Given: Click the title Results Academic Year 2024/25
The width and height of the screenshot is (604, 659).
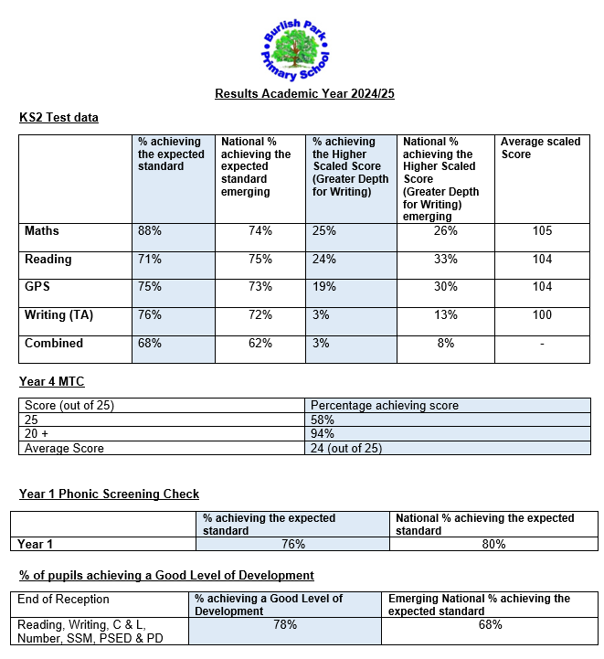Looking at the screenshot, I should [304, 93].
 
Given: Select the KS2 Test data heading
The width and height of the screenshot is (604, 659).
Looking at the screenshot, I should [58, 117].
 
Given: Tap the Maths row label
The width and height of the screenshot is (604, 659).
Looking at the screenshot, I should [42, 231].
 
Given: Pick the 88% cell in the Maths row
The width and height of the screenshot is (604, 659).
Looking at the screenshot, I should [150, 231].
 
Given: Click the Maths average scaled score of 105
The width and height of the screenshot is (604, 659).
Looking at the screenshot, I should [542, 231].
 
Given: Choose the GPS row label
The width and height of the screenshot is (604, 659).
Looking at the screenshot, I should [37, 287].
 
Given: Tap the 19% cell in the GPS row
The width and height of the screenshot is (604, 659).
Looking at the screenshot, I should [324, 287].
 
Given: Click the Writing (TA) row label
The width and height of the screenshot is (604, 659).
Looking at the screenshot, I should [59, 315].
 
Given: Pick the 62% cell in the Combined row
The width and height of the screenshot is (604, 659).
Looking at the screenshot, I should [260, 344].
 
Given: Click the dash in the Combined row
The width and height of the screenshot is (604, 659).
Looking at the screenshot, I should [542, 344].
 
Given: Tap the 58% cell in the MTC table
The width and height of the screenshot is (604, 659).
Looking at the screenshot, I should [323, 420].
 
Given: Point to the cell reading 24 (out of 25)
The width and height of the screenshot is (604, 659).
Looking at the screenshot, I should [346, 448].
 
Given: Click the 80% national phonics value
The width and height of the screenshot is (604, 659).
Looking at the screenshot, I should [493, 544].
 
